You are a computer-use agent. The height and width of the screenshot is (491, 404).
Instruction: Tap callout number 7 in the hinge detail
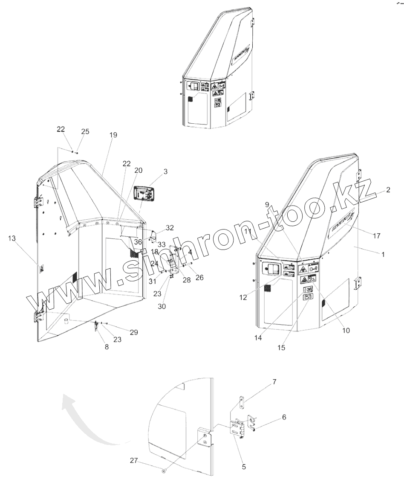(274, 382)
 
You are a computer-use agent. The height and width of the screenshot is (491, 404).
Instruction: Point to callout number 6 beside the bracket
(283, 418)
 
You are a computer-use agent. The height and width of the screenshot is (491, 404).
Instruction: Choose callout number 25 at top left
(85, 132)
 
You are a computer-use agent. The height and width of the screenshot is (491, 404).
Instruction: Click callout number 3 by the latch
(165, 171)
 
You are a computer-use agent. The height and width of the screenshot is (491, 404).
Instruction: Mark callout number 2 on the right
(388, 190)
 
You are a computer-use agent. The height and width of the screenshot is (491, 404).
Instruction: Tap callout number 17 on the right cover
(376, 235)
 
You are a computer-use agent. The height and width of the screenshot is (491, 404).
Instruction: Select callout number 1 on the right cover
(383, 255)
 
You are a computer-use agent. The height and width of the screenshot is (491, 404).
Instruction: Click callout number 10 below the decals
(346, 330)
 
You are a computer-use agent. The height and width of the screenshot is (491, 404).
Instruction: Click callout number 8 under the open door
(107, 347)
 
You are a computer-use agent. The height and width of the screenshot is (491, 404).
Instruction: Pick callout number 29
(134, 332)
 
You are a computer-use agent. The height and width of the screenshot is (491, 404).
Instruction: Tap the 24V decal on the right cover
(308, 290)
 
